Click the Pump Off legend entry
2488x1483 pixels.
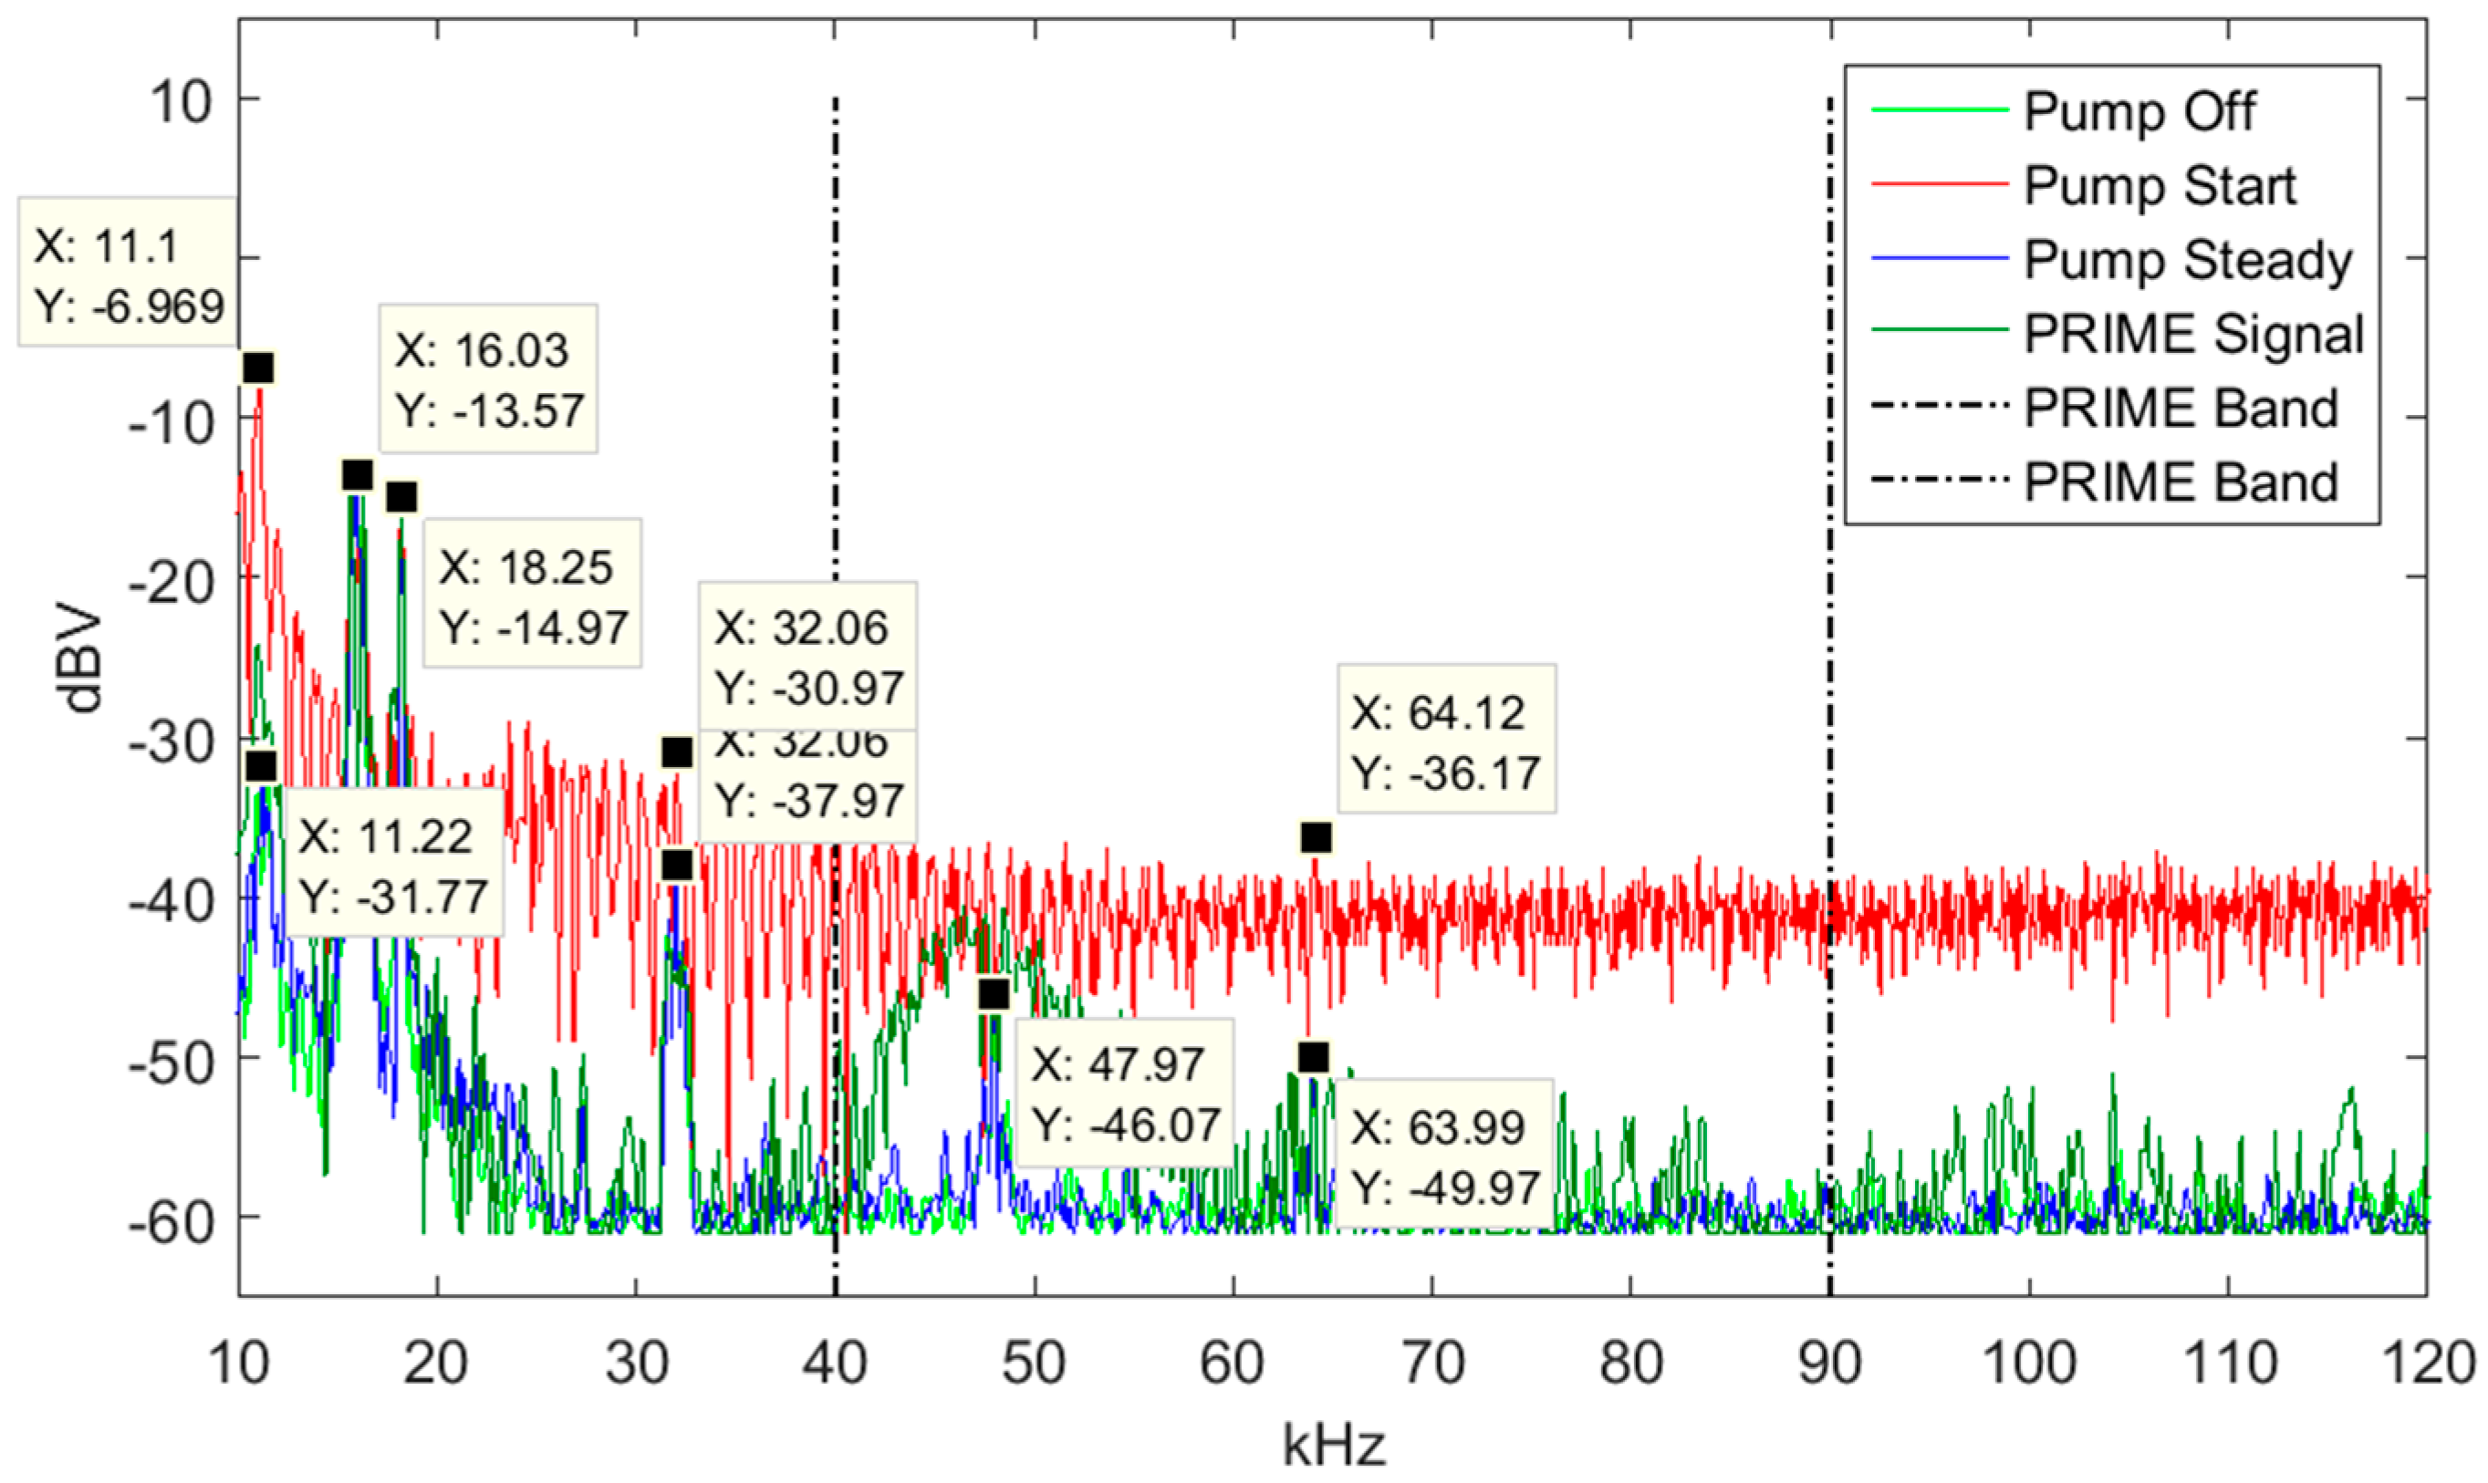(x=2139, y=111)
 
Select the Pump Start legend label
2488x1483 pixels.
(x=2160, y=186)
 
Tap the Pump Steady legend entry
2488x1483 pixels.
(x=2187, y=260)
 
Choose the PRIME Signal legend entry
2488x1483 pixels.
(x=2193, y=334)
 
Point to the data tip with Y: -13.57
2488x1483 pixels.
(x=488, y=379)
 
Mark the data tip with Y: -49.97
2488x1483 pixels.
(x=1444, y=1157)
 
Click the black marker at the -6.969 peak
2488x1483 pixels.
(x=258, y=368)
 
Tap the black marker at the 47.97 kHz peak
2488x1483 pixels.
(x=993, y=994)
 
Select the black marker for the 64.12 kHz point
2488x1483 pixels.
(x=1316, y=837)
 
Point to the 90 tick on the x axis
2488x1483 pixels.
(x=1829, y=1362)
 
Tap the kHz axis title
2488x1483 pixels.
(x=1334, y=1445)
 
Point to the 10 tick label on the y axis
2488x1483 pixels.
(x=182, y=101)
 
